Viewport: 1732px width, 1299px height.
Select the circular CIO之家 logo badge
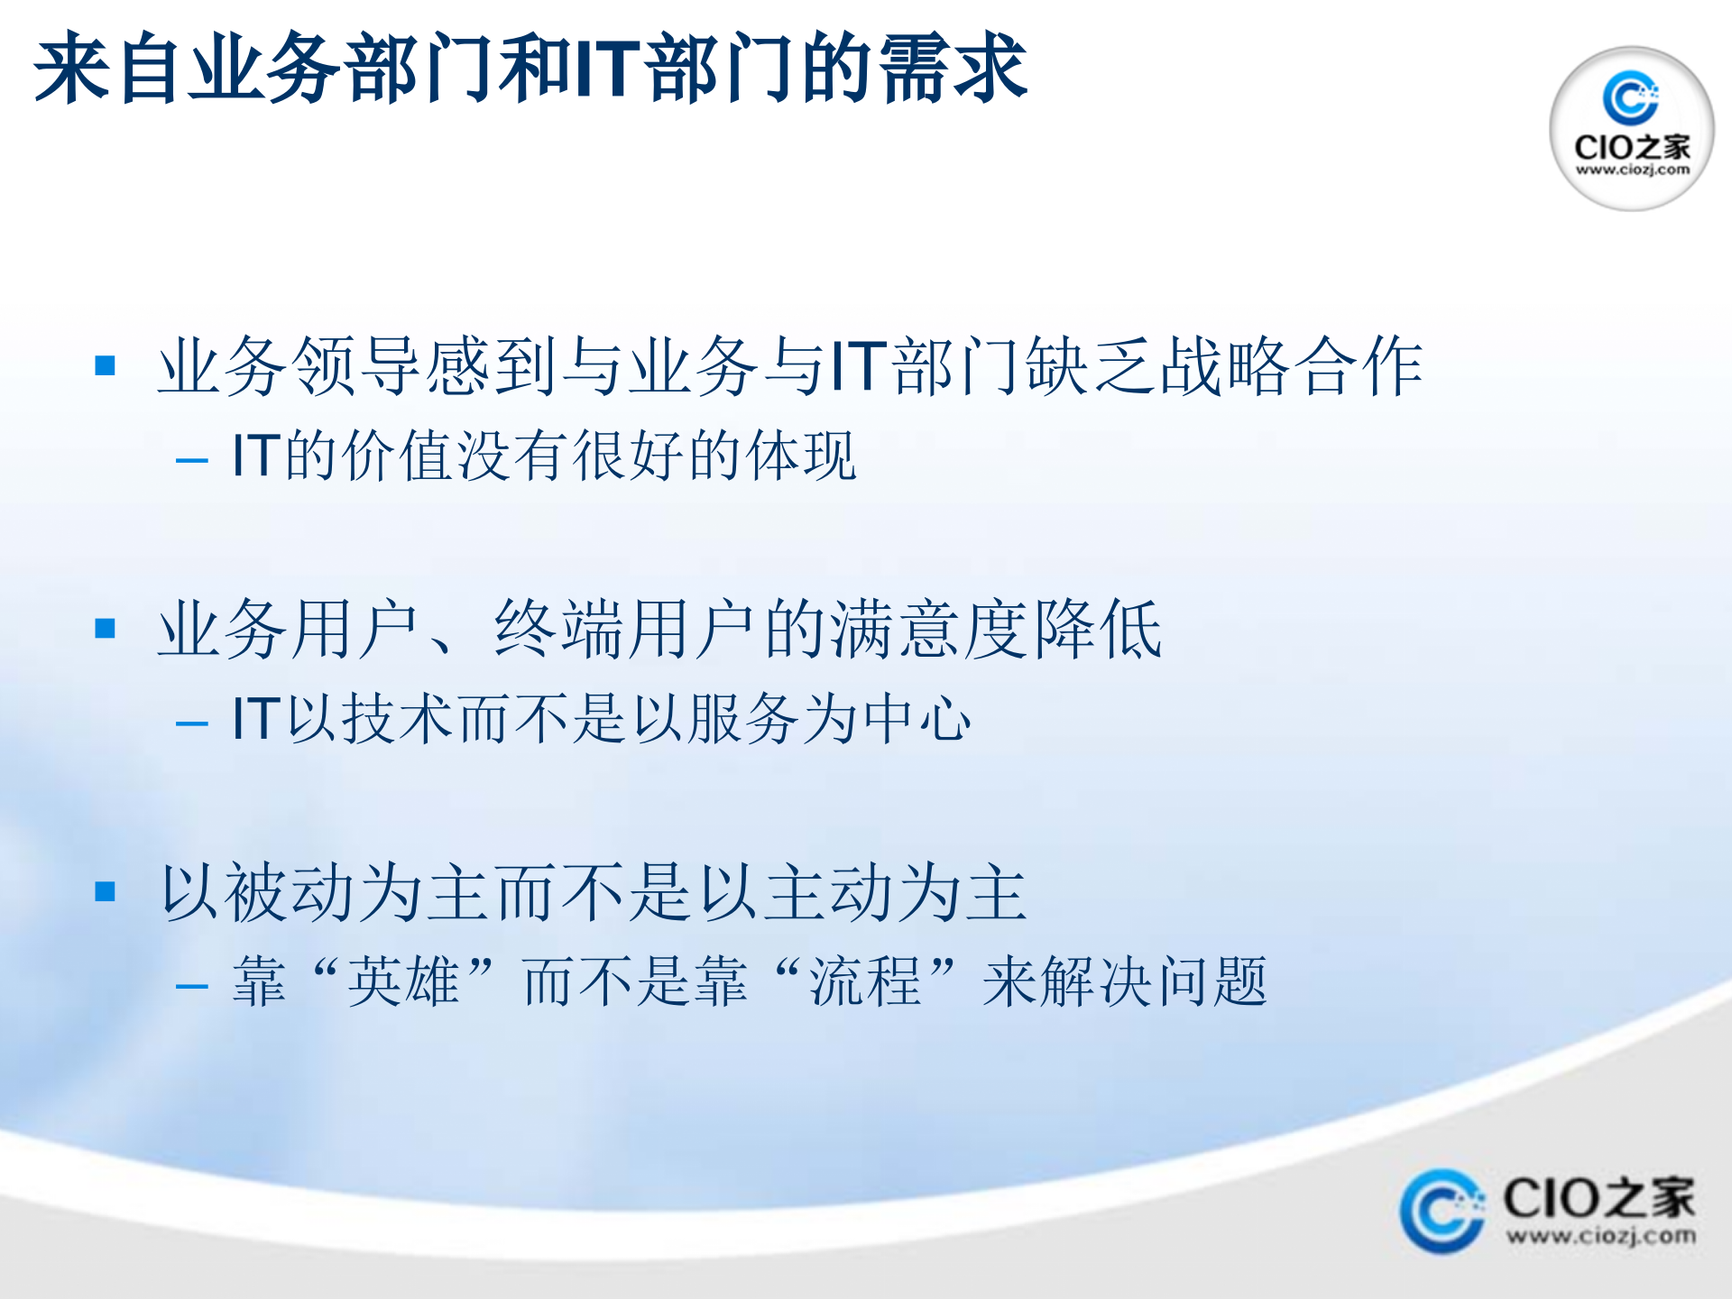(1631, 128)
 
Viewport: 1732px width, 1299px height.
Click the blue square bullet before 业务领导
(106, 365)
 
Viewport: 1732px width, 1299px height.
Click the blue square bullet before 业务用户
(106, 628)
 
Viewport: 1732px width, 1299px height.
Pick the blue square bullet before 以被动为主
(106, 891)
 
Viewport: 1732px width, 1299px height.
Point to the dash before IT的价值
(192, 461)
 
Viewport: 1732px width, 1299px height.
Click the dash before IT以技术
(192, 723)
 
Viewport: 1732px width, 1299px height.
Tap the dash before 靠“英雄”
(192, 986)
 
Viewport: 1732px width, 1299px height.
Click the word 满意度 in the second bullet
(929, 629)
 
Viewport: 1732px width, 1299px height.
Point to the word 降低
(1097, 629)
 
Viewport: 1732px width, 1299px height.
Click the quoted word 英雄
(403, 982)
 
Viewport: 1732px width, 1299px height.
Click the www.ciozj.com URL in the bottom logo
(1600, 1236)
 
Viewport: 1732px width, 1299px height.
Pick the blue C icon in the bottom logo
(1441, 1211)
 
